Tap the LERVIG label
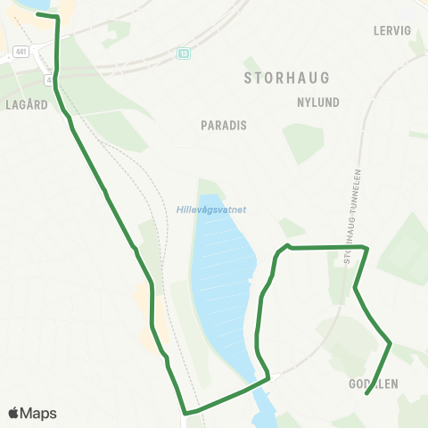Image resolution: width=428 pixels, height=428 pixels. tap(392, 30)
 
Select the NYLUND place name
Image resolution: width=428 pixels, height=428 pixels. tap(318, 103)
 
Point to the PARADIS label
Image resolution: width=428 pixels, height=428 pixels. tap(224, 126)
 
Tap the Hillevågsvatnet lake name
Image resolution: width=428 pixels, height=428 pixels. tap(211, 210)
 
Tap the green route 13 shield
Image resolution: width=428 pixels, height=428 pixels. tap(183, 53)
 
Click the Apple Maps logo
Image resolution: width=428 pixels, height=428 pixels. tap(32, 413)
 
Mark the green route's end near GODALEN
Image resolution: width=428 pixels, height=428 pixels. tap(367, 392)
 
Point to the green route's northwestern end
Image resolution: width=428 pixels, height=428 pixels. tap(37, 14)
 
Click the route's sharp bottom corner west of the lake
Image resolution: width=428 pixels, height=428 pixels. tap(185, 414)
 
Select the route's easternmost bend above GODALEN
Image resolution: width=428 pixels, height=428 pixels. tap(391, 342)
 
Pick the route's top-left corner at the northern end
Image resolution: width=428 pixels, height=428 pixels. tap(58, 17)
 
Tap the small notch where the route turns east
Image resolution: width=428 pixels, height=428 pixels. tap(287, 244)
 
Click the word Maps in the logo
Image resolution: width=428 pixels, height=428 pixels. tap(38, 413)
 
